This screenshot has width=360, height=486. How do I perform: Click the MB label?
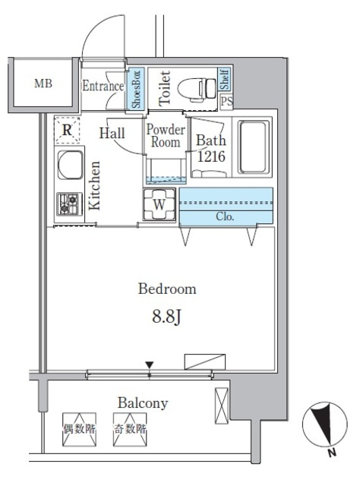pyautogui.click(x=43, y=84)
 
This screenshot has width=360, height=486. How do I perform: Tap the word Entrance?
pyautogui.click(x=103, y=86)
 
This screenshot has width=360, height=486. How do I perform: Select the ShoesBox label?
pyautogui.click(x=136, y=89)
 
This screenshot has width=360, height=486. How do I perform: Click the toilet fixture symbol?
pyautogui.click(x=197, y=89)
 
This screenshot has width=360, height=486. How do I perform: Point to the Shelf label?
pyautogui.click(x=225, y=79)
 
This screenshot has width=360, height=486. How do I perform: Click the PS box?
pyautogui.click(x=226, y=101)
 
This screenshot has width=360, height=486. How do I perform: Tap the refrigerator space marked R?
pyautogui.click(x=67, y=130)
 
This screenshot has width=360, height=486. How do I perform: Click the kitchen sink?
pyautogui.click(x=71, y=165)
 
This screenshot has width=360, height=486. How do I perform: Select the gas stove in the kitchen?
pyautogui.click(x=69, y=204)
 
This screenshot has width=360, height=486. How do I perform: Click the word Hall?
pyautogui.click(x=112, y=134)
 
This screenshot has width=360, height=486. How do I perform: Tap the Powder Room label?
pyautogui.click(x=166, y=135)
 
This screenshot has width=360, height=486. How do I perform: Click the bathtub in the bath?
pyautogui.click(x=254, y=147)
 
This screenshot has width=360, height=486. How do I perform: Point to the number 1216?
pyautogui.click(x=211, y=156)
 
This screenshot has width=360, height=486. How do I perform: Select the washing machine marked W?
pyautogui.click(x=159, y=204)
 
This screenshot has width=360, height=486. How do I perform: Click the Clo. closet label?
pyautogui.click(x=225, y=216)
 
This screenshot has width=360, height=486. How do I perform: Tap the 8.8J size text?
pyautogui.click(x=166, y=317)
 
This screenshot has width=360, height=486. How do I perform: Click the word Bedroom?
pyautogui.click(x=167, y=289)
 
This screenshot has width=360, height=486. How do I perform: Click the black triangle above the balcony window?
pyautogui.click(x=150, y=364)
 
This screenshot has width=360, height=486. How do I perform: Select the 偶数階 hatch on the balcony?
pyautogui.click(x=79, y=429)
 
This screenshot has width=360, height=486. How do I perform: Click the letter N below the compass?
pyautogui.click(x=332, y=453)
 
